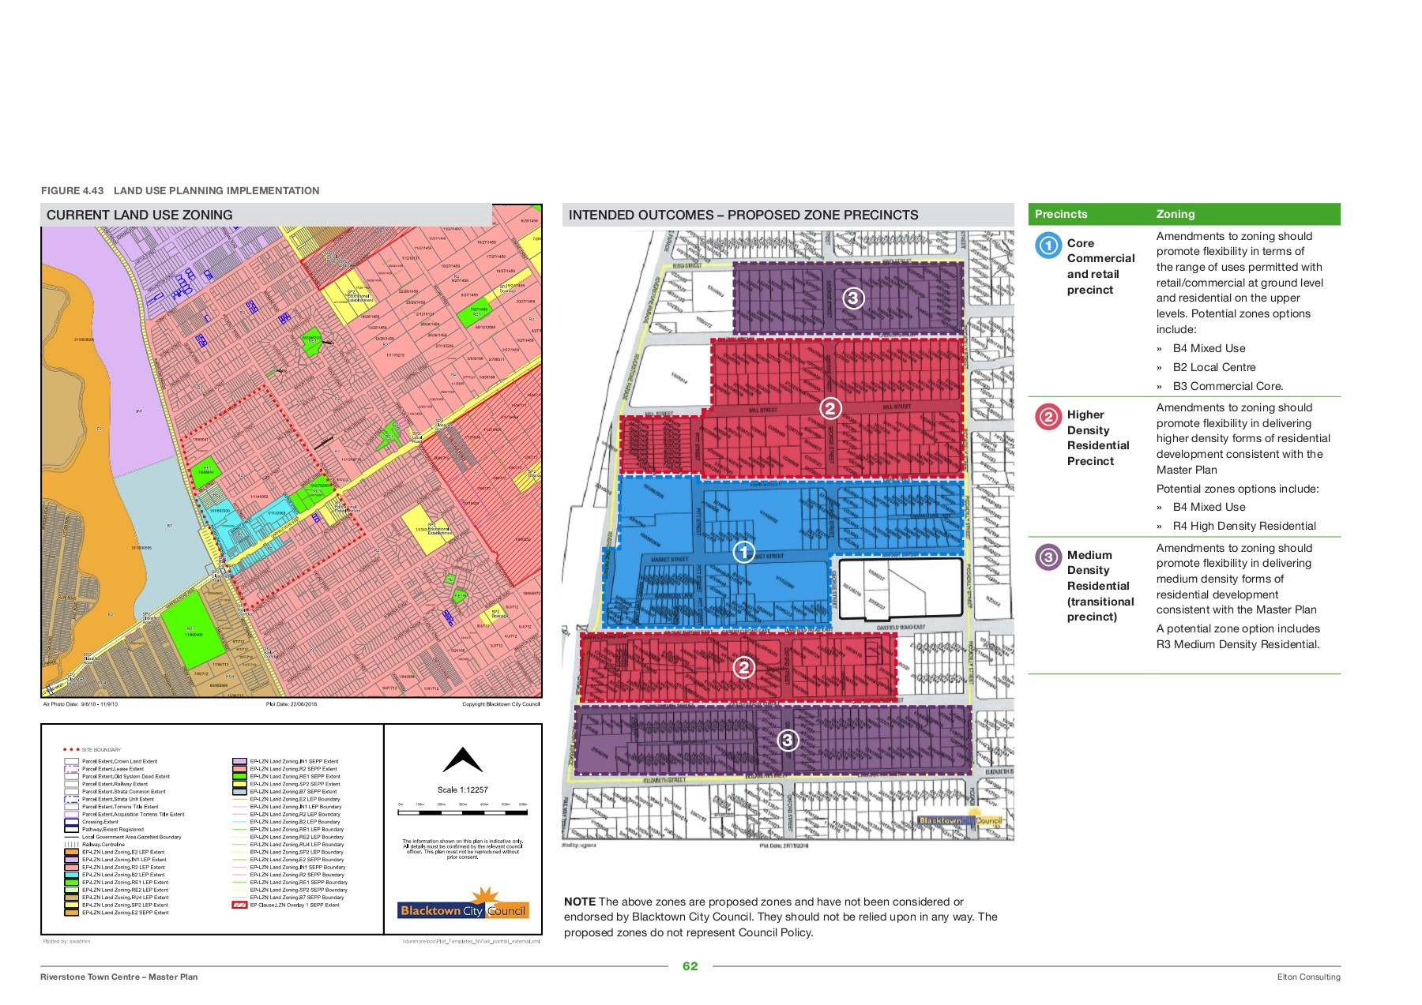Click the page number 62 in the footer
pyautogui.click(x=690, y=966)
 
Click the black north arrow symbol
pyautogui.click(x=462, y=760)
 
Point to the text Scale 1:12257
pyautogui.click(x=462, y=789)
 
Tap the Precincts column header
pyautogui.click(x=1061, y=214)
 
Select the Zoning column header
pyautogui.click(x=1176, y=214)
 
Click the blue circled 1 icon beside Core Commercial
pyautogui.click(x=1048, y=245)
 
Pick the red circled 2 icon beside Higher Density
pyautogui.click(x=1048, y=416)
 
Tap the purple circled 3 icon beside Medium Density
pyautogui.click(x=1048, y=557)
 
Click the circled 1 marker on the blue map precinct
pyautogui.click(x=743, y=552)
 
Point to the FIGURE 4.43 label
pyautogui.click(x=72, y=190)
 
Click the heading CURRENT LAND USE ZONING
pyautogui.click(x=139, y=215)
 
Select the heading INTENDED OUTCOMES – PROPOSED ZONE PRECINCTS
pyautogui.click(x=743, y=215)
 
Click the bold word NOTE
pyautogui.click(x=579, y=902)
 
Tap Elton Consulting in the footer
pyautogui.click(x=1308, y=977)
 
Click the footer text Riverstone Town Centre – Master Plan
pyautogui.click(x=119, y=977)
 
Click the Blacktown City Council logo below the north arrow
pyautogui.click(x=463, y=906)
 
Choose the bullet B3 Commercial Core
pyautogui.click(x=1228, y=386)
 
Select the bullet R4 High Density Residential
pyautogui.click(x=1244, y=526)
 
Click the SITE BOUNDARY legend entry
pyautogui.click(x=101, y=750)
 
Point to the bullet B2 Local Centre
pyautogui.click(x=1213, y=367)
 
